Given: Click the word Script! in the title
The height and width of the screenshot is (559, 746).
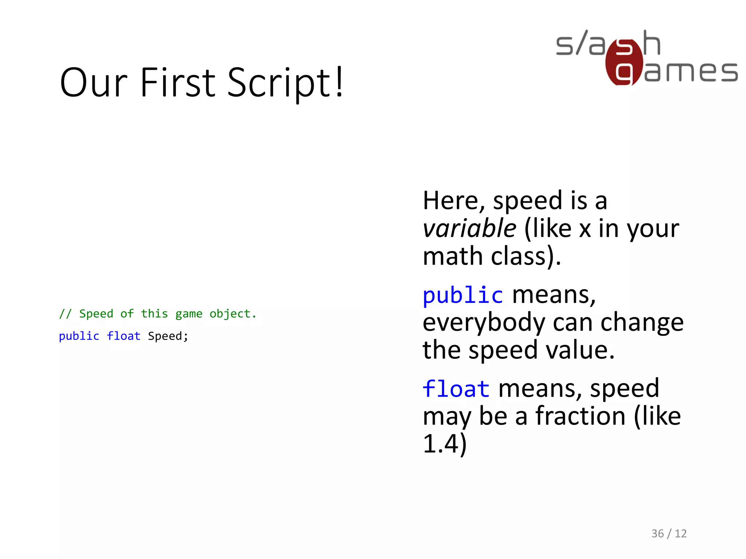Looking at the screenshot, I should coord(285,83).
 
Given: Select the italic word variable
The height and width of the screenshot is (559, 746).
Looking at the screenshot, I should coord(469,229).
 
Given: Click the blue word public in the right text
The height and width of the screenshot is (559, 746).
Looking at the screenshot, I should coord(463,295).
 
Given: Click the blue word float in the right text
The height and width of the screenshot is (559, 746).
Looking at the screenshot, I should coord(456,389).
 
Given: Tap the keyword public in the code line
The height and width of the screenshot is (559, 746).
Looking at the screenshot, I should coord(79,336).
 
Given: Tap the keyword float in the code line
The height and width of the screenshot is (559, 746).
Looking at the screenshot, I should coord(123,336).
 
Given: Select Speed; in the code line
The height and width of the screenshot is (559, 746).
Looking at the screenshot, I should coord(168,336).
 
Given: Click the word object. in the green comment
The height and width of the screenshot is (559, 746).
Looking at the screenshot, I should coord(233,314).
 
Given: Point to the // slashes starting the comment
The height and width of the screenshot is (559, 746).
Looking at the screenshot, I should coord(65,314).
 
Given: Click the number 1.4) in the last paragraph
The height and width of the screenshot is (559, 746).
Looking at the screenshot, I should coord(444,444).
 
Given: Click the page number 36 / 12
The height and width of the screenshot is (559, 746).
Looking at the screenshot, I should coord(669,534).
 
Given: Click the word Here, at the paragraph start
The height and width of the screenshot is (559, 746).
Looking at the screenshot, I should coord(454,201).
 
